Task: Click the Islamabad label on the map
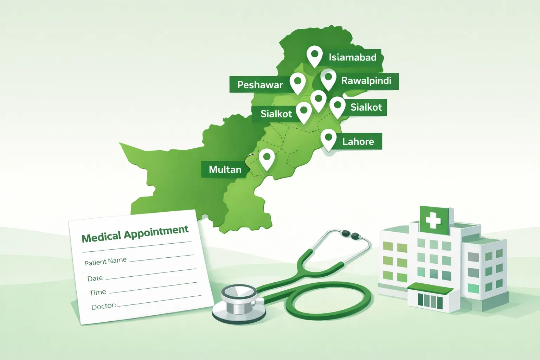[352, 57]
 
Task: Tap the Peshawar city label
[260, 85]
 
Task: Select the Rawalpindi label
[366, 81]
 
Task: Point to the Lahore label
[358, 142]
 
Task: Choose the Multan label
[225, 169]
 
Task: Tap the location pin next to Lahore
[328, 139]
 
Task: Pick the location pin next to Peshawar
[298, 82]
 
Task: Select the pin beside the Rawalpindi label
[328, 78]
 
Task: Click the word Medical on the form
[101, 237]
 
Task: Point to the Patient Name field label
[105, 261]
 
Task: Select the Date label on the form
[95, 278]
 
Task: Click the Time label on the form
[97, 292]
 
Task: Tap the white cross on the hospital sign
[433, 220]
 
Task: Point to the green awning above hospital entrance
[430, 289]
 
